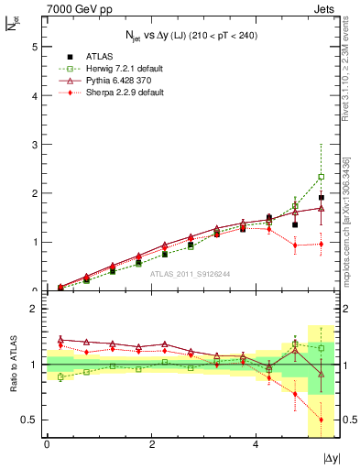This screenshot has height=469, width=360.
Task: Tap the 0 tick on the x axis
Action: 47,444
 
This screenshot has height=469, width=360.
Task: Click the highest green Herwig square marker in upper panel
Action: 321,177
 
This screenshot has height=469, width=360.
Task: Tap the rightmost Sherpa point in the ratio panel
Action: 321,420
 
